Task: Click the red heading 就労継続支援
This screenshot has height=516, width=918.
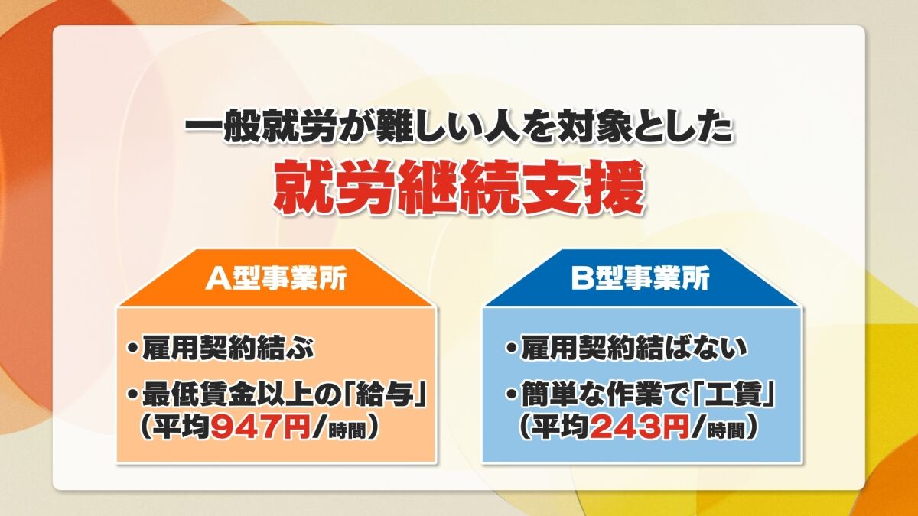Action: click(x=457, y=187)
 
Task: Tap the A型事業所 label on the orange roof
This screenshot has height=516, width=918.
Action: click(x=276, y=279)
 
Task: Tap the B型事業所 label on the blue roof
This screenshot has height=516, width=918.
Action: click(x=640, y=279)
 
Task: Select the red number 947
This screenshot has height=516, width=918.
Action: click(x=248, y=429)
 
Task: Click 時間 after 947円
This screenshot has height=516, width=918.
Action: click(x=347, y=431)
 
